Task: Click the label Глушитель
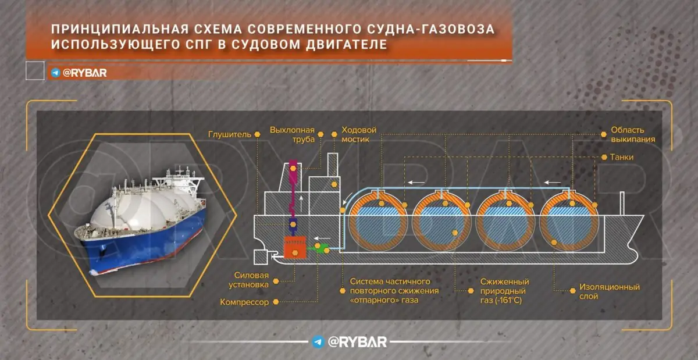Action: point(230,135)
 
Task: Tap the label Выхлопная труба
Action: point(292,135)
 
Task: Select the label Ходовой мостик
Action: point(359,135)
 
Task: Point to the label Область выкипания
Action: point(633,135)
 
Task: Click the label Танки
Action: point(622,157)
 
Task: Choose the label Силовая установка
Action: point(249,280)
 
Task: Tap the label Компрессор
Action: point(244,302)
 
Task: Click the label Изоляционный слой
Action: point(609,291)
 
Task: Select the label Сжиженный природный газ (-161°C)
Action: point(504,291)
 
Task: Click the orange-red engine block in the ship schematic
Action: point(295,247)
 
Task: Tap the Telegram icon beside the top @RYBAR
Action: point(55,73)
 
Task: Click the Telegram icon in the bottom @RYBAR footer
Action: point(318,342)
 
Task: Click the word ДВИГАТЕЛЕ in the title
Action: point(347,44)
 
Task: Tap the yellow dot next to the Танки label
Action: point(604,158)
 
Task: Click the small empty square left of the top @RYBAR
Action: point(35,71)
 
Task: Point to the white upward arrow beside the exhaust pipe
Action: point(301,204)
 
